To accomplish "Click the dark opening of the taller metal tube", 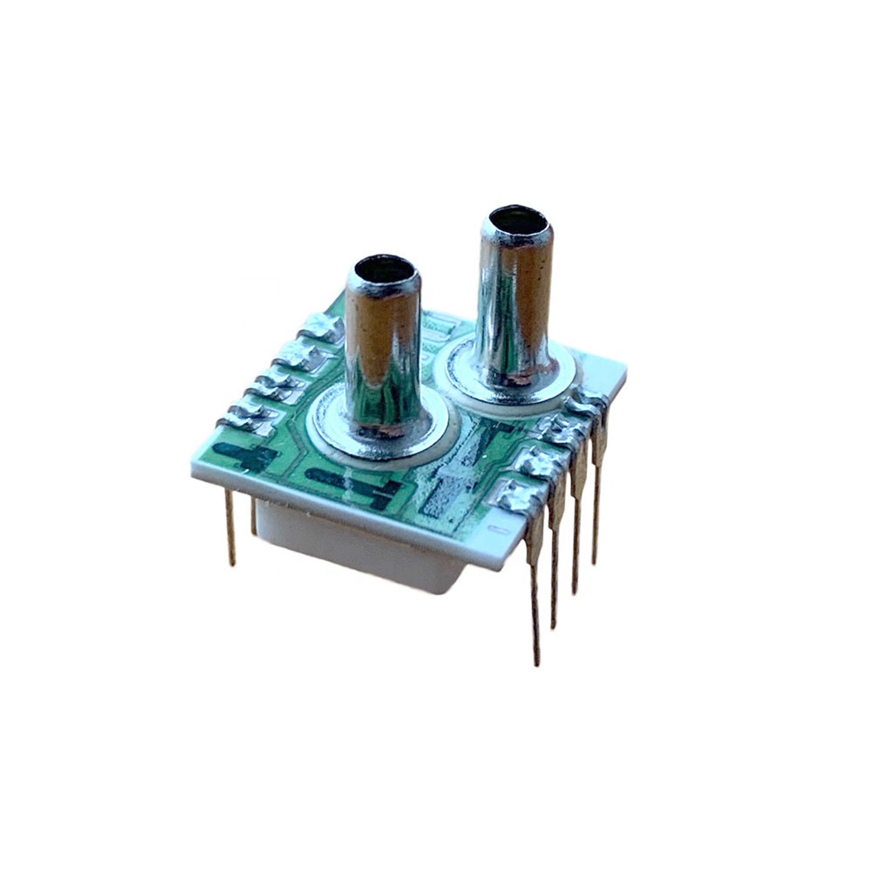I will (518, 221).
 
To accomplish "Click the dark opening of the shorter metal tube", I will (384, 270).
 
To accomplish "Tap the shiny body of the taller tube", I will (514, 305).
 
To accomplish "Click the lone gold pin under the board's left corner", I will (230, 528).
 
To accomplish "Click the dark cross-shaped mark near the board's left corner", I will (247, 455).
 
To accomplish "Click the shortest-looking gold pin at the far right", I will (597, 497).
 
